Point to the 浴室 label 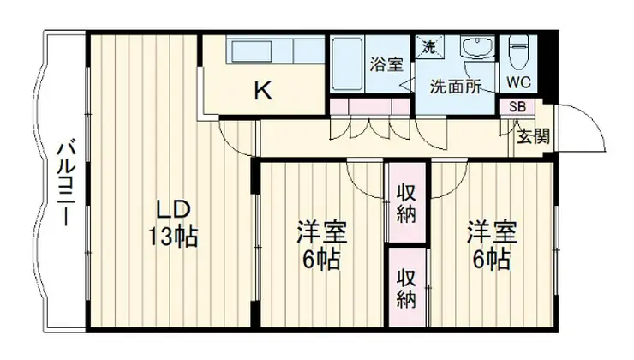click(383, 63)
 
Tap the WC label click(518, 83)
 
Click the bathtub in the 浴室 click(346, 64)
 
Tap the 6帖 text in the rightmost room click(490, 257)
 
